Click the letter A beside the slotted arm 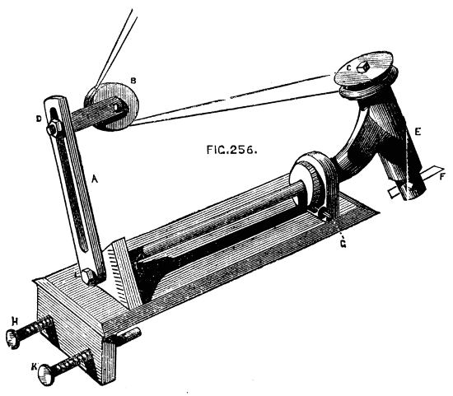click(x=95, y=179)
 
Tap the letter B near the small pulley click(x=133, y=81)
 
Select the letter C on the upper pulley click(x=348, y=68)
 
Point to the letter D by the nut click(x=39, y=119)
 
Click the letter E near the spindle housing click(x=418, y=132)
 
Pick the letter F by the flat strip click(x=443, y=176)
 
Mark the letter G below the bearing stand click(x=343, y=245)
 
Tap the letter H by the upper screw click(x=14, y=320)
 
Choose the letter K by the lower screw click(x=35, y=367)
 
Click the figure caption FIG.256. click(x=231, y=150)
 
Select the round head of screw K click(x=46, y=375)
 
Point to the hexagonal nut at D click(x=54, y=128)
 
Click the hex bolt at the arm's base click(x=88, y=277)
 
